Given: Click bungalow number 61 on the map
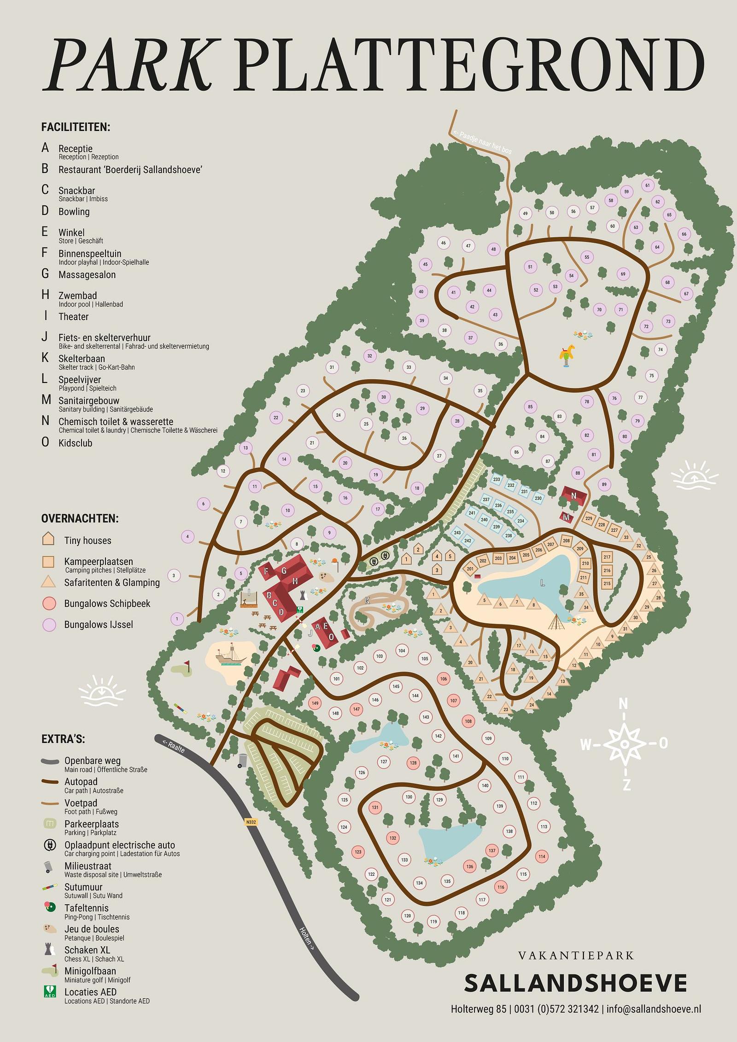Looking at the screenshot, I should (648, 186).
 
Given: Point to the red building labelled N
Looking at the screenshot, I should (573, 496).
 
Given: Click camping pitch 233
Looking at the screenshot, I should (497, 479).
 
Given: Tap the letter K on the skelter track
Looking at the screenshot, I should (367, 600).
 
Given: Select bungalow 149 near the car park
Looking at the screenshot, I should (315, 703).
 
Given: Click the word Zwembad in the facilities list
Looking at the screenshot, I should (77, 296).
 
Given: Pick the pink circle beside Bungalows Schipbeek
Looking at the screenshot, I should (49, 604).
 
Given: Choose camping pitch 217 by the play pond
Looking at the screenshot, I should (607, 557).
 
